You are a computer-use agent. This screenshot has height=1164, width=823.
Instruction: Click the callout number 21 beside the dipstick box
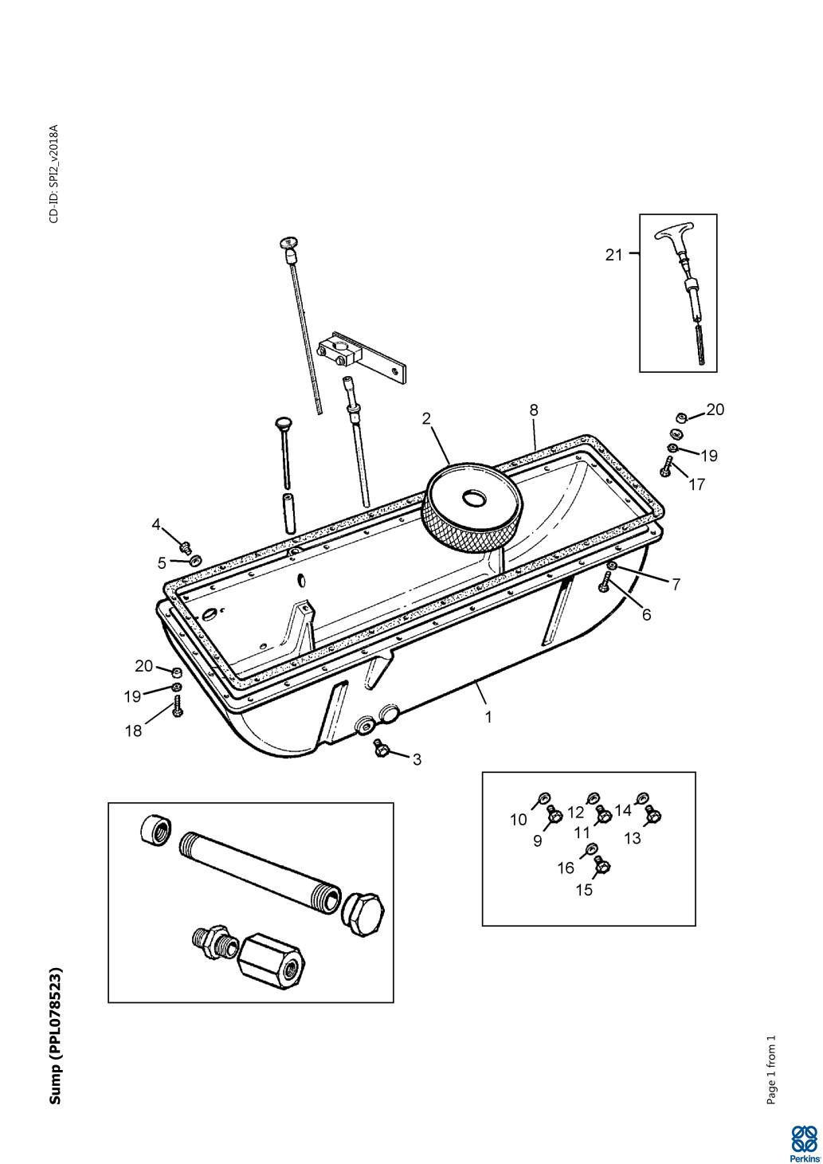(x=613, y=255)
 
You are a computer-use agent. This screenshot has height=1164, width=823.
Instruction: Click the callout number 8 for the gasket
(x=534, y=410)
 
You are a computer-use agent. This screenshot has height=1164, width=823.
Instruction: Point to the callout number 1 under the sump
(x=488, y=716)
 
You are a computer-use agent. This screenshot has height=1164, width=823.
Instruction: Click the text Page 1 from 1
(x=770, y=1070)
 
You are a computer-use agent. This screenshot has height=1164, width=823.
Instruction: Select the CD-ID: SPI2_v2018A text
(x=54, y=174)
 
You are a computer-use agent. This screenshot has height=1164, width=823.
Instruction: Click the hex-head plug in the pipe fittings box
(x=363, y=910)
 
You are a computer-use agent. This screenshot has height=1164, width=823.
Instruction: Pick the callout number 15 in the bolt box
(x=584, y=890)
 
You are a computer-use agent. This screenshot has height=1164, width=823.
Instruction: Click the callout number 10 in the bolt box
(x=519, y=819)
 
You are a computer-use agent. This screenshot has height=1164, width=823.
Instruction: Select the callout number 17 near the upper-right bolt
(x=696, y=484)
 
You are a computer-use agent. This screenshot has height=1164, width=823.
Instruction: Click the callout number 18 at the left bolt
(x=133, y=731)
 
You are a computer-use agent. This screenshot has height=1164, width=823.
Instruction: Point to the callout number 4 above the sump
(x=156, y=524)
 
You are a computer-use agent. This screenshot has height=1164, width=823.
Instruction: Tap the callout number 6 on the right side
(x=646, y=614)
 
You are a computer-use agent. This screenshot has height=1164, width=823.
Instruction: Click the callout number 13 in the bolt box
(x=632, y=838)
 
